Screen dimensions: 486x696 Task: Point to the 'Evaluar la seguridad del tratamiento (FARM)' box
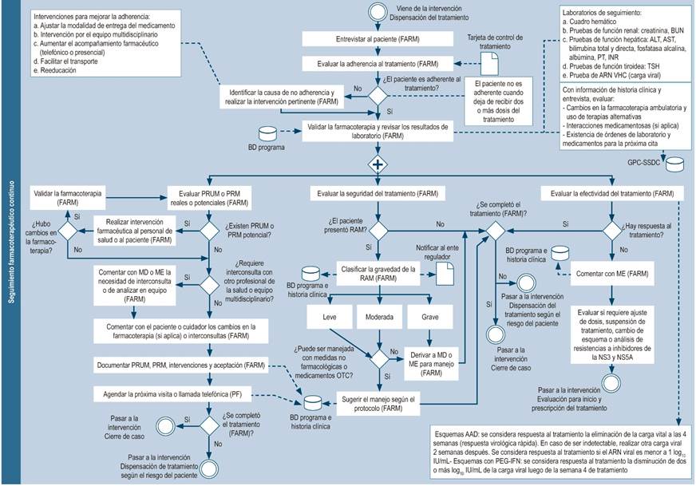coord(377,194)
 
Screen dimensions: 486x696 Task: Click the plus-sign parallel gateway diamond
coord(376,163)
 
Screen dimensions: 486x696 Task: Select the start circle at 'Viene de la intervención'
coord(376,13)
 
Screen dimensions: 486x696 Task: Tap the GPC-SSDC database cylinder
coord(675,164)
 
